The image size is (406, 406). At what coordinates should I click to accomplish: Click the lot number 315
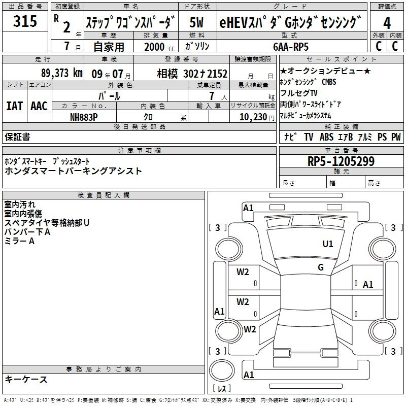25,21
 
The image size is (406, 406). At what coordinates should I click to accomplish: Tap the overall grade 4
387,23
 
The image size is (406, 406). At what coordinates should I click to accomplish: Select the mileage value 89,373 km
61,73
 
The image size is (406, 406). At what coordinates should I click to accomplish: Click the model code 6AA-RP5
291,47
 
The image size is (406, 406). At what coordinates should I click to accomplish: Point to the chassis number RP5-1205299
341,161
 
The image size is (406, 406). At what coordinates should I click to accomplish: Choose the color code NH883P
84,117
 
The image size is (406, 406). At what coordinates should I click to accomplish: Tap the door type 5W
196,22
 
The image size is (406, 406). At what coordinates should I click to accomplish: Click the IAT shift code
15,106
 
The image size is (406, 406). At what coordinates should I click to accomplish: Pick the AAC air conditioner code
39,106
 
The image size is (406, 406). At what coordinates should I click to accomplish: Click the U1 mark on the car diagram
327,244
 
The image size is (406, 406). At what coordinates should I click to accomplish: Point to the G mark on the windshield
321,267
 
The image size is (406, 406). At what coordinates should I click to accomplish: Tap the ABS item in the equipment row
326,137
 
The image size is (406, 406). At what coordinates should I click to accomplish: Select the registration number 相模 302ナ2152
192,74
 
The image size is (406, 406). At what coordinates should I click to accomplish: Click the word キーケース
26,379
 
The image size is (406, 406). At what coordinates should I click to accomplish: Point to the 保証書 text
17,137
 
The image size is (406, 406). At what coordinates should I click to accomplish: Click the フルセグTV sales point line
298,93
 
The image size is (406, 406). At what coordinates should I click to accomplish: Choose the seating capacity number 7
212,96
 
